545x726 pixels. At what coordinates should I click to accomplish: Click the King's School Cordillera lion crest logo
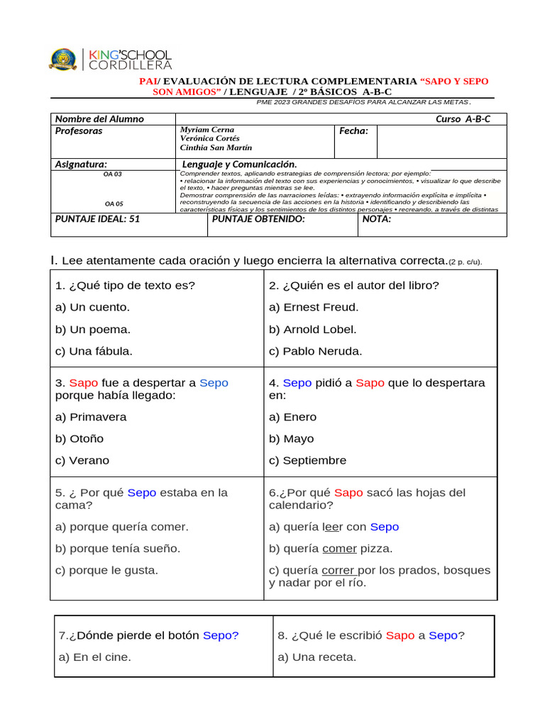coord(62,59)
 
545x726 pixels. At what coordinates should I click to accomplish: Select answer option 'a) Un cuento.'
coord(92,307)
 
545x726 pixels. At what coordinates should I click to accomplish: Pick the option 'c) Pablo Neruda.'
coord(315,351)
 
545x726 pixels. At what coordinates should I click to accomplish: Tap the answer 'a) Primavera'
coord(91,417)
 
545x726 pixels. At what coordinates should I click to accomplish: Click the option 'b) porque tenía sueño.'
coord(118,548)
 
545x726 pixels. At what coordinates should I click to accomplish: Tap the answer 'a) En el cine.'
coord(95,657)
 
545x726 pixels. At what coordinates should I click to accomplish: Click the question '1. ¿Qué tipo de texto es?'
coord(125,286)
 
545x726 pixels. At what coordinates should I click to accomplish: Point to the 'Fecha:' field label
coord(353,131)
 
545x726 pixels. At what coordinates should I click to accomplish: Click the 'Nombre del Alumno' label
coord(99,119)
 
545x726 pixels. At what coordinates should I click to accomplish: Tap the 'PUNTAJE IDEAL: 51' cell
coord(98,219)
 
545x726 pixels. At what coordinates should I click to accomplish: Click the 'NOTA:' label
coord(376,219)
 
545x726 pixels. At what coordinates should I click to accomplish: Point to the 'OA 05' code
coord(114,203)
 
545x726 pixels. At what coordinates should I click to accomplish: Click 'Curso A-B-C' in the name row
coord(463,119)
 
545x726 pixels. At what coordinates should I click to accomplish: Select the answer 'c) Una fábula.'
coord(94,351)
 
